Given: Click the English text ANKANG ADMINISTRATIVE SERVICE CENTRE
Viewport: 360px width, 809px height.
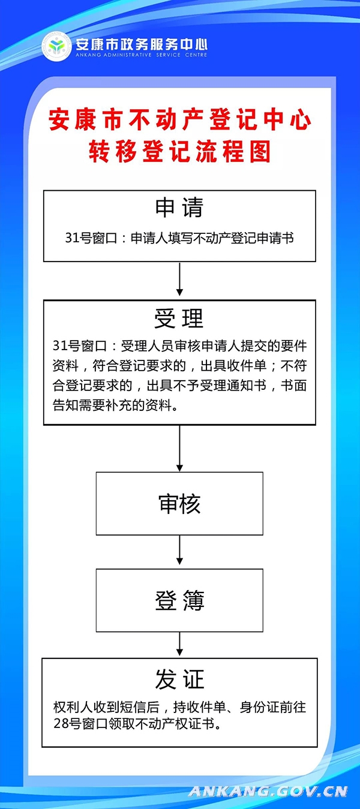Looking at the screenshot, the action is point(142,55).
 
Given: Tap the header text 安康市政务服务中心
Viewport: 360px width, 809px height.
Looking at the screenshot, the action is point(142,44).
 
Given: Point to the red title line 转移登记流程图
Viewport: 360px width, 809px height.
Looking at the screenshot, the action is point(179,151).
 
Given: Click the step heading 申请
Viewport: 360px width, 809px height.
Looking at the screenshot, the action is point(179,207).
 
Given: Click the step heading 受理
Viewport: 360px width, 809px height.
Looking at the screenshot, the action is point(179,318).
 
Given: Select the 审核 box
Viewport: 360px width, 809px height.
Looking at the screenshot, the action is point(179,504).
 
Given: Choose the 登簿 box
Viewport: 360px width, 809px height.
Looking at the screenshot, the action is point(179,600).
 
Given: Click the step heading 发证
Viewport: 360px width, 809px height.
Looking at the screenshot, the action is point(179,679).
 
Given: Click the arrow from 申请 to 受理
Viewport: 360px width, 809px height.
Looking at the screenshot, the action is point(179,279).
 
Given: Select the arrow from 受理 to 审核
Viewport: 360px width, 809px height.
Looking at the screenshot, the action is point(179,448).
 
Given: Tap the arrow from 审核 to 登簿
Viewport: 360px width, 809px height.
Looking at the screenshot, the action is point(179,550).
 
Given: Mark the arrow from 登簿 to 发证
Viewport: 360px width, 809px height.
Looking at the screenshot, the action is point(179,644).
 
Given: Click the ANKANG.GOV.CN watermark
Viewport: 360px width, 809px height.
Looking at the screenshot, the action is point(268,792).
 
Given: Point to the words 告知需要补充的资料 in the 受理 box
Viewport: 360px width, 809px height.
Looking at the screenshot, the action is point(112,405).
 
